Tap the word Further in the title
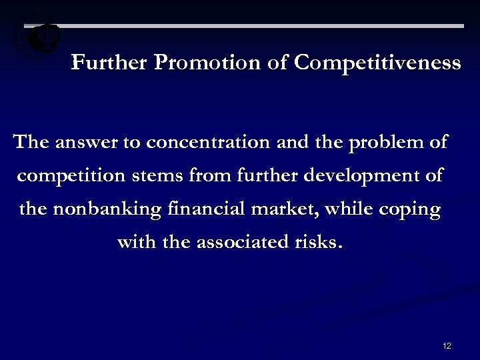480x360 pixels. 110,63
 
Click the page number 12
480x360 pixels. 447,345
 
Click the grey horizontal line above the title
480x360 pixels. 267,27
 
